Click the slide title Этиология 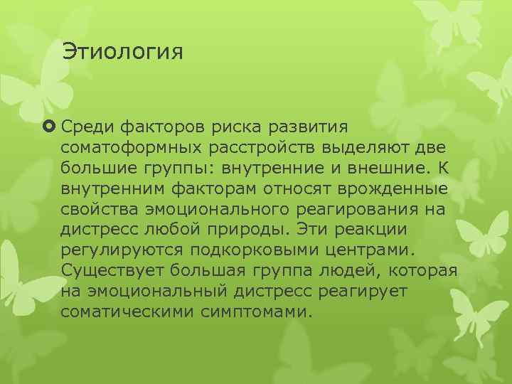point(122,53)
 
